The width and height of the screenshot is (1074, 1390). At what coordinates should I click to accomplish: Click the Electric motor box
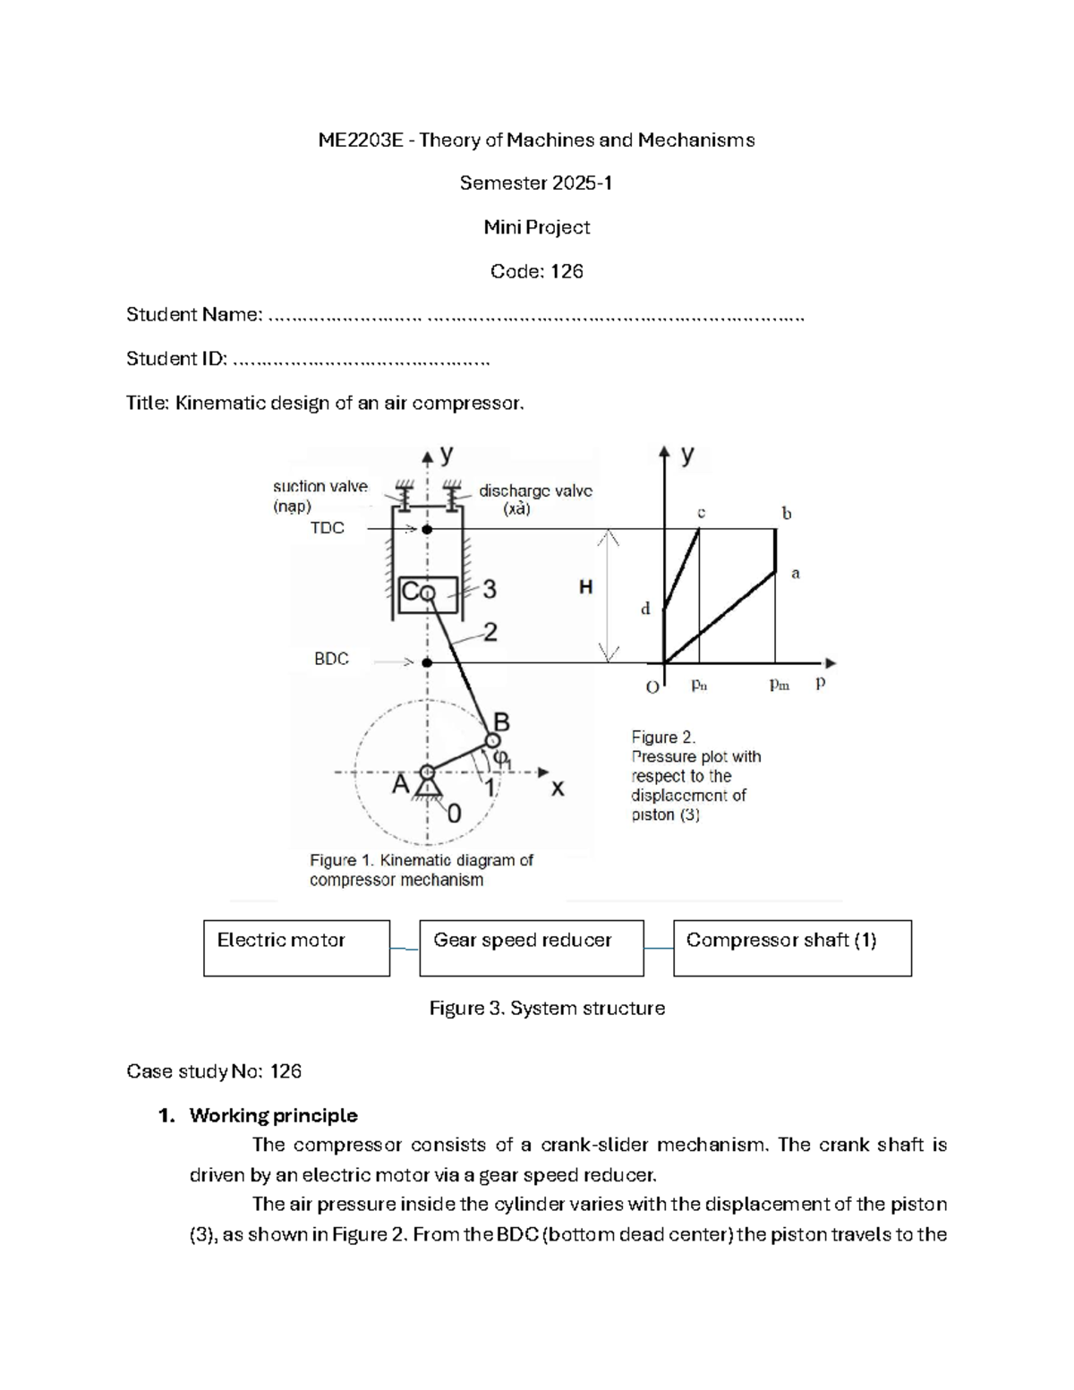point(296,948)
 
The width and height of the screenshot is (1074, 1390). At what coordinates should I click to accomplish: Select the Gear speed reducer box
point(531,948)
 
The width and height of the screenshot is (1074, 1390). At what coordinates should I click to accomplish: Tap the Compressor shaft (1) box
point(792,948)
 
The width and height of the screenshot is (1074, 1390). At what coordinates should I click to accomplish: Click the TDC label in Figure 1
point(327,528)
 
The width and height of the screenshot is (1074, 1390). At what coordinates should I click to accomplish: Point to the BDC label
point(331,659)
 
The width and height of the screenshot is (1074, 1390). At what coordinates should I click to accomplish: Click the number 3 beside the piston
point(490,590)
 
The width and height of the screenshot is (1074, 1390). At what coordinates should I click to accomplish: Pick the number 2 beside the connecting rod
point(490,633)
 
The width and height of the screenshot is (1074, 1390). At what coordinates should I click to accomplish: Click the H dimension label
point(585,587)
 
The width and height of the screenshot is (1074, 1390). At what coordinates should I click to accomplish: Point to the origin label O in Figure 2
point(652,686)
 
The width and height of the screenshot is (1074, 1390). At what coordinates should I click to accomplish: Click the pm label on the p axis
point(780,686)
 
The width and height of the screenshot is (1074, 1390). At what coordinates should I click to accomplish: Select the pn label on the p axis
point(699,686)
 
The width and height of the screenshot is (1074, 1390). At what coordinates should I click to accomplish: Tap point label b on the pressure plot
point(787,514)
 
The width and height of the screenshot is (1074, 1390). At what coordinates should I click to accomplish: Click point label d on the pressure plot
point(645,610)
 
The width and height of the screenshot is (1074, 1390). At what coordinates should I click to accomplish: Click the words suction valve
point(320,486)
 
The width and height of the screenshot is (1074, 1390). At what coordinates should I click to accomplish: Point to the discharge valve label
point(535,490)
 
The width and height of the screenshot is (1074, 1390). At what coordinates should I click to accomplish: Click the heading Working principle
point(273,1115)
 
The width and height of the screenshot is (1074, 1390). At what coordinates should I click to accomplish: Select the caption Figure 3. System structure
point(547,1008)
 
